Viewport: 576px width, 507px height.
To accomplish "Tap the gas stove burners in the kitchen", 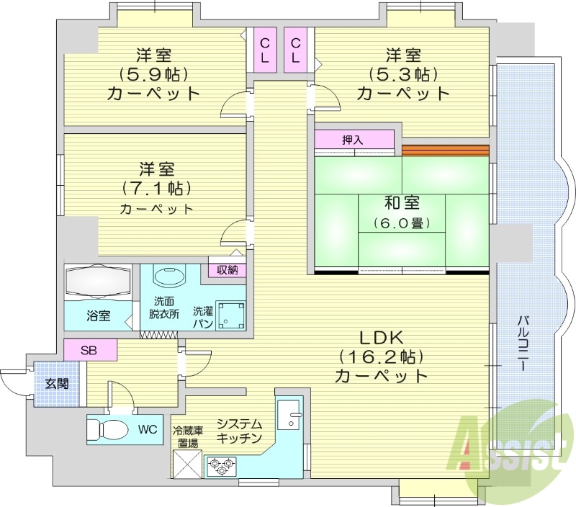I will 221,467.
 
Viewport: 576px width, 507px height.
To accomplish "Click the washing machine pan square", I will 232,314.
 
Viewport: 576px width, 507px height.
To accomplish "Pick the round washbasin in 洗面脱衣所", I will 170,277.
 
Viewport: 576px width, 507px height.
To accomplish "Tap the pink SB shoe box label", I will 90,351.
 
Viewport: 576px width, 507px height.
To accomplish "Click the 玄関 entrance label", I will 57,384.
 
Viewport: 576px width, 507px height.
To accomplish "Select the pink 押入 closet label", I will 354,140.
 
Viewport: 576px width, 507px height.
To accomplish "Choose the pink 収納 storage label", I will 228,270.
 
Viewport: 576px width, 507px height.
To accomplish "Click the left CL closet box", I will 265,50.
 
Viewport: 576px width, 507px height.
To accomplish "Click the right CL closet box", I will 296,50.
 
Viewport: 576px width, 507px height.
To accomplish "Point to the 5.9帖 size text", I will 153,73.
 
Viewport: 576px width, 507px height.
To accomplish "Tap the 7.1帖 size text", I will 156,189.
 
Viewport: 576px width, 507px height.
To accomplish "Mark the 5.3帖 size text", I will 402,73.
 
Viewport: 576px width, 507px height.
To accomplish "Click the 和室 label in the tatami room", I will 402,204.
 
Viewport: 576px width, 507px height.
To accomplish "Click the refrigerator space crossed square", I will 187,463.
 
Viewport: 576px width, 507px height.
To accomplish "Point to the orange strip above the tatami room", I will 445,151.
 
